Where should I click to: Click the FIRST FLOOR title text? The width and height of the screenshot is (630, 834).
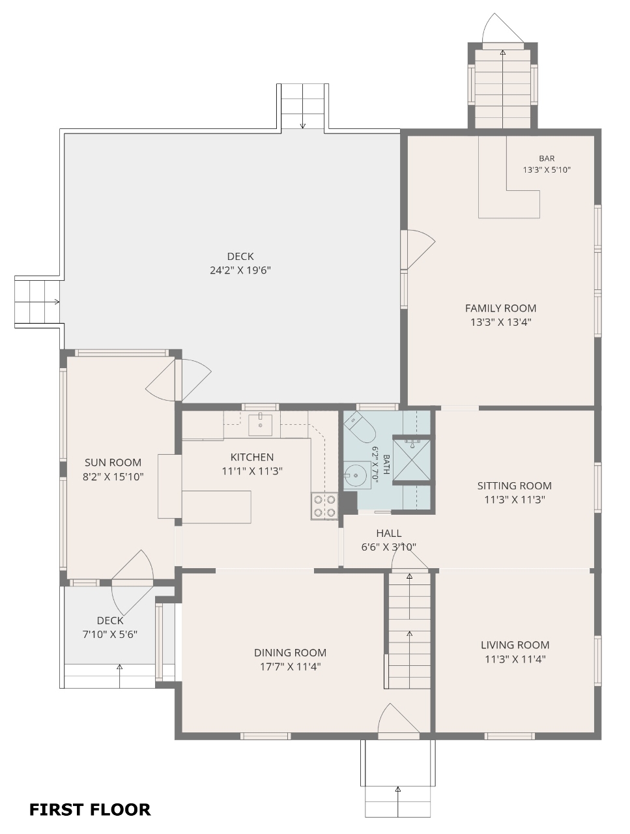pos(90,809)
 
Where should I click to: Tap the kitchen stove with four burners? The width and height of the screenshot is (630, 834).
pos(324,506)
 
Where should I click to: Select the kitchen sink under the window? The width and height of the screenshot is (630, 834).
pos(260,425)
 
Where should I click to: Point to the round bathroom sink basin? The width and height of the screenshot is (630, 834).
pos(356,475)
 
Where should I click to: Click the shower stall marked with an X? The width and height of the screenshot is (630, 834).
pos(411,459)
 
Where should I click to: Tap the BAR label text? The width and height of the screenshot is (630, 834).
pos(547,158)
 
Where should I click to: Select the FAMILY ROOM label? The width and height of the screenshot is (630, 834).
pos(500,308)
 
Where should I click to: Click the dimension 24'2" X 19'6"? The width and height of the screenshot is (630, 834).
pos(240,270)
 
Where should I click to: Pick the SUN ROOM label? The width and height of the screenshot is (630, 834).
pos(113,463)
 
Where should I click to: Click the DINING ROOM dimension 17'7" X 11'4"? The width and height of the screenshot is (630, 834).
pos(290,667)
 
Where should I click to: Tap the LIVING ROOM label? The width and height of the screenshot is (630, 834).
pos(515,645)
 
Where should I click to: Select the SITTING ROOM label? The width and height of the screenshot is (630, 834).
pos(515,485)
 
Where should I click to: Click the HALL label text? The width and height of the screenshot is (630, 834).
pos(389,533)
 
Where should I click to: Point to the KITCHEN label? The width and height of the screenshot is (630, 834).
pos(251,457)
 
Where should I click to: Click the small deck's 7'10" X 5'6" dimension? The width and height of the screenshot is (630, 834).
pos(109,634)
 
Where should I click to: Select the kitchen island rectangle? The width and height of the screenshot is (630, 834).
pos(216,507)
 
